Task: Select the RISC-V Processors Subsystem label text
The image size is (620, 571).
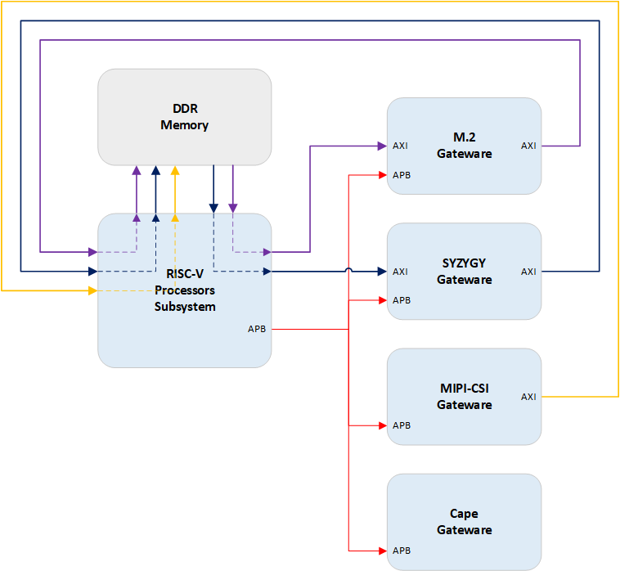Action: point(185,290)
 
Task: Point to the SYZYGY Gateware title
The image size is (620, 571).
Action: point(464,271)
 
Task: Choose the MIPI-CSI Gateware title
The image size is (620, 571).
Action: point(464,396)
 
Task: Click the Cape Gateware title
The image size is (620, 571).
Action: point(464,522)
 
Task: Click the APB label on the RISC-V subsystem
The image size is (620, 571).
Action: point(257,329)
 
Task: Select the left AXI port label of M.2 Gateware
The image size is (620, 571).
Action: point(401,146)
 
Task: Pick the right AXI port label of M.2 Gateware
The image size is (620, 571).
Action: point(528,146)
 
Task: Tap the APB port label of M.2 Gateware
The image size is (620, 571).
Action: point(402,175)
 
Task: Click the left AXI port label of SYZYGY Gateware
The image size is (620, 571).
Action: point(401,272)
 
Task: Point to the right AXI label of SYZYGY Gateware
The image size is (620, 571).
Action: point(528,272)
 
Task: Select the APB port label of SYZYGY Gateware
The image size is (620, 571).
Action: point(402,300)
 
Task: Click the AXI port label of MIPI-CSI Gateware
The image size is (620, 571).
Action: point(528,397)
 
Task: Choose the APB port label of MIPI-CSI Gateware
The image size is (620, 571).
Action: point(402,425)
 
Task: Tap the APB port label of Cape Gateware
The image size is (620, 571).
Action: point(402,551)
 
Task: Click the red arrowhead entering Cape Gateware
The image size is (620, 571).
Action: point(382,550)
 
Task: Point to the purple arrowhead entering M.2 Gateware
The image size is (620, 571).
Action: point(381,146)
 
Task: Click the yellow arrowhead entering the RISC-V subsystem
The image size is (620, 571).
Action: point(92,290)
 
